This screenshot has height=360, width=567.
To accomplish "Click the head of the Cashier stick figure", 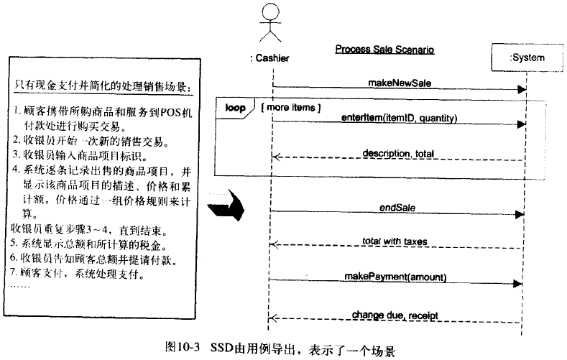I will pos(269,14).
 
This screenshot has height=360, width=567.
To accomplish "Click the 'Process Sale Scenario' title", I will pos(384,50).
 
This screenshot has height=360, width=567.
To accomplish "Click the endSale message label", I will pos(397,208).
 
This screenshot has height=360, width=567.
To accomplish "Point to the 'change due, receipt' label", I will pos(395,315).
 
